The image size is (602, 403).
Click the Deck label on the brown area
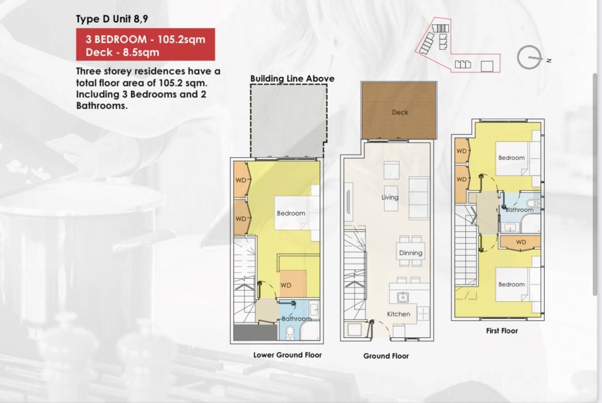tap(400, 112)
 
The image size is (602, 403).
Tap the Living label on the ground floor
tap(389, 197)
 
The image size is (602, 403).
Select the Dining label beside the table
tap(411, 253)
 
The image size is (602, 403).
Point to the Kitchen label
tap(399, 314)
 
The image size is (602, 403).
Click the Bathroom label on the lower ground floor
tap(296, 319)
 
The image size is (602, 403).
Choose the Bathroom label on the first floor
tap(519, 210)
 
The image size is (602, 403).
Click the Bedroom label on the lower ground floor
tap(291, 213)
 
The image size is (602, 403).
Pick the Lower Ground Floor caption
tap(288, 355)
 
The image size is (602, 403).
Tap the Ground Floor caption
tap(386, 356)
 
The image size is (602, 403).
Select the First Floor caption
tap(502, 331)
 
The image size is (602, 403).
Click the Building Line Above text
tap(292, 78)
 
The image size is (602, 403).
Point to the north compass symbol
tap(529, 58)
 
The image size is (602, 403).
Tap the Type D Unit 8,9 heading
tap(112, 19)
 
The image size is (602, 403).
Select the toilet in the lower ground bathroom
tap(290, 333)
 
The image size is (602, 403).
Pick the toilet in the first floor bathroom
tap(533, 203)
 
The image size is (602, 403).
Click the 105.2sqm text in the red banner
tap(181, 39)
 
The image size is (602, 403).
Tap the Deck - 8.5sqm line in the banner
tap(122, 52)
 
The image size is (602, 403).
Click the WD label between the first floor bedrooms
tap(521, 242)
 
